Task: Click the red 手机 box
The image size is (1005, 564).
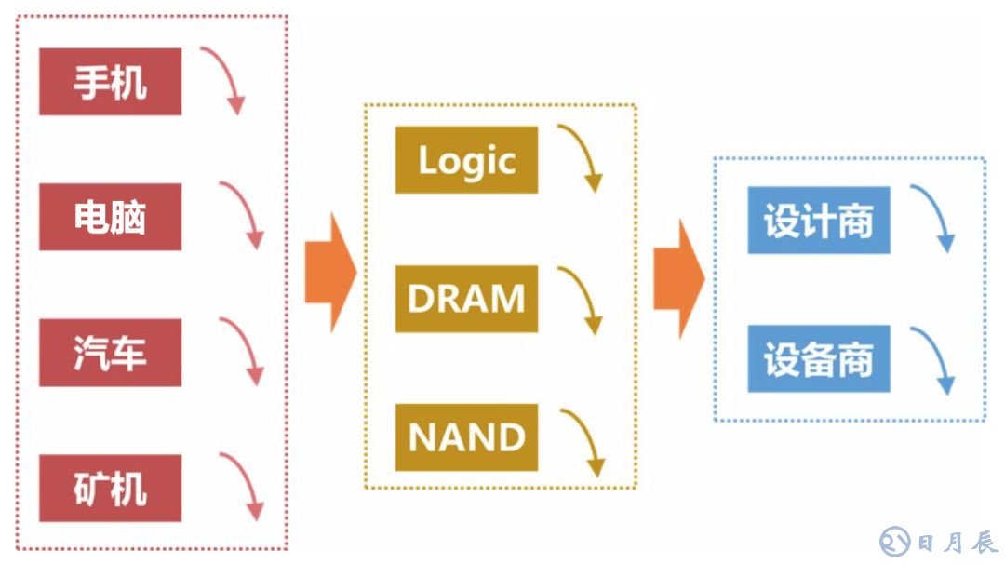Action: pyautogui.click(x=110, y=82)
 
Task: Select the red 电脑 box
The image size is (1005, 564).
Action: pyautogui.click(x=110, y=218)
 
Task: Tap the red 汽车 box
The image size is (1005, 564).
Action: pyautogui.click(x=110, y=353)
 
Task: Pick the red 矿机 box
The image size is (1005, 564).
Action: pyautogui.click(x=110, y=488)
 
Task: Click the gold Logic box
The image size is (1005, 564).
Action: pyautogui.click(x=466, y=160)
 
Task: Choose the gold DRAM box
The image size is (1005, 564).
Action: pyautogui.click(x=466, y=299)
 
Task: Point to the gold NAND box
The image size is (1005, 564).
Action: pyautogui.click(x=466, y=436)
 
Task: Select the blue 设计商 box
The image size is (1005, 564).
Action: pyautogui.click(x=819, y=220)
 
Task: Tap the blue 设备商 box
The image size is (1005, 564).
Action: pyautogui.click(x=819, y=358)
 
